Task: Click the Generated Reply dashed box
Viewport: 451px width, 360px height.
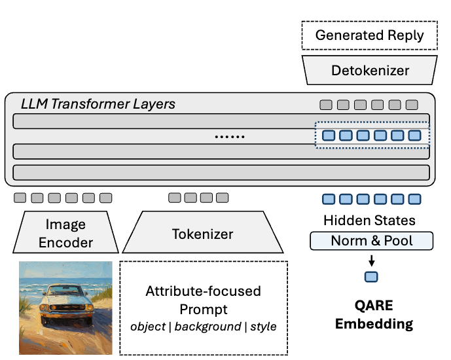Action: (369, 35)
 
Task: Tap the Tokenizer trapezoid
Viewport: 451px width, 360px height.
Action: (202, 234)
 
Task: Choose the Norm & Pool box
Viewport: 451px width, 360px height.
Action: (371, 241)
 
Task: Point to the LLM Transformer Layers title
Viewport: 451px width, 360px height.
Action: (98, 104)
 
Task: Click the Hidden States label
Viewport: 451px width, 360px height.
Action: (369, 221)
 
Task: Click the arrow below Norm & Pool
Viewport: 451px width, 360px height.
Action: (371, 260)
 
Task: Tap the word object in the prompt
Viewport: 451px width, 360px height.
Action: (147, 326)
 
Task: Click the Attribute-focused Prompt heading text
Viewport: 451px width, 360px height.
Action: (203, 299)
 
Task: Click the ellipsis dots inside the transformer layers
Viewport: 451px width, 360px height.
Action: (230, 137)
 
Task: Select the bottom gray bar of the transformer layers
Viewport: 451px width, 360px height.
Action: (221, 173)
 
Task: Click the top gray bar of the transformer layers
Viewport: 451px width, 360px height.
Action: (164, 121)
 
